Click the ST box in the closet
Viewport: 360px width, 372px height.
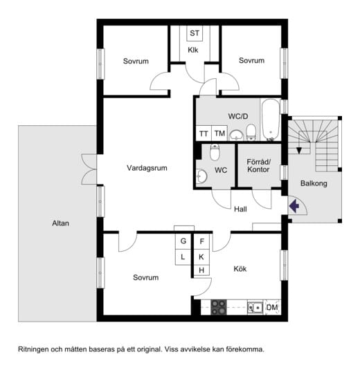point(195,33)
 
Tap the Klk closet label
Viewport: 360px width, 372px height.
point(193,50)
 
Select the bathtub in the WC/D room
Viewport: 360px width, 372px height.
point(271,120)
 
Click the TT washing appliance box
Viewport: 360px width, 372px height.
point(204,133)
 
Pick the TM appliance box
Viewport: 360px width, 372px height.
point(219,133)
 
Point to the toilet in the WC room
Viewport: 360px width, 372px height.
point(215,152)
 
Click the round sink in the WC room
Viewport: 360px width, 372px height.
point(201,176)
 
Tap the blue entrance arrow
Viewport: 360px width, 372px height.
point(294,205)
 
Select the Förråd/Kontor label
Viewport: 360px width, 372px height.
point(258,165)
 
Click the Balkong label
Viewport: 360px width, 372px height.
point(314,183)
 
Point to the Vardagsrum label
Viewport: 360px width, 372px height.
point(147,168)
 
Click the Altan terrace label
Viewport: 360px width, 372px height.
point(60,223)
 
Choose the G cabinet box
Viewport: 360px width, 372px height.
point(183,241)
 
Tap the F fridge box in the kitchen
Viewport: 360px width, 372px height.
point(201,241)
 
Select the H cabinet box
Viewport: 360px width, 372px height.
point(201,270)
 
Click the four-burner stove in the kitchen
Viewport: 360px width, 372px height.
point(219,307)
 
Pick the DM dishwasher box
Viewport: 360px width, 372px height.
point(272,308)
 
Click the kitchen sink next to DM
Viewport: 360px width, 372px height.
point(255,308)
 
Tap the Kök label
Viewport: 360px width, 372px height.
point(240,269)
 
